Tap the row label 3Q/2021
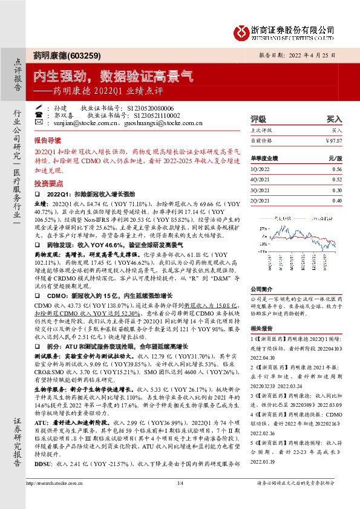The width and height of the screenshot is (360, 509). [x=259, y=190]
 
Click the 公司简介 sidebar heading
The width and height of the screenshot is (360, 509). [x=261, y=289]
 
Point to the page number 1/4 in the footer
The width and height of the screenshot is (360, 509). [x=180, y=499]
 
